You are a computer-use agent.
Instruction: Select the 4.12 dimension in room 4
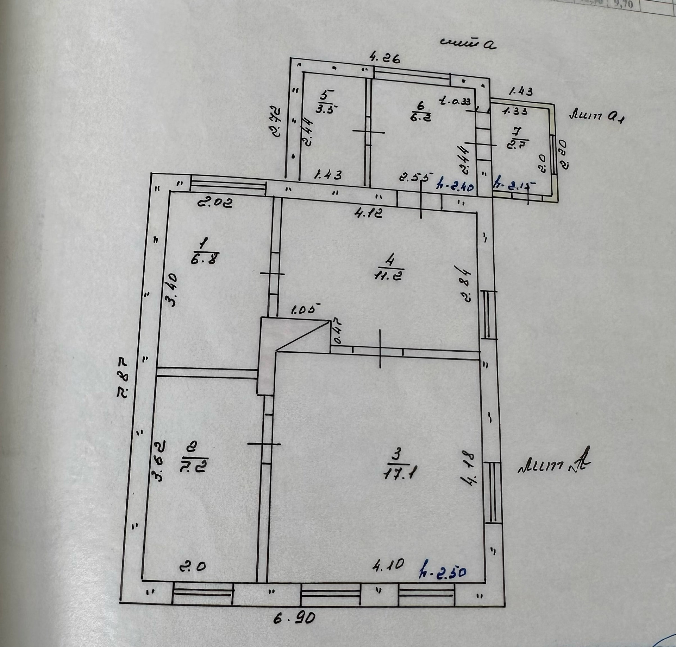click(x=368, y=213)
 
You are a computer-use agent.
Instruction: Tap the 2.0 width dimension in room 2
click(x=192, y=567)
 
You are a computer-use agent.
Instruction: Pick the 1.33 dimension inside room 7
click(x=515, y=111)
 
